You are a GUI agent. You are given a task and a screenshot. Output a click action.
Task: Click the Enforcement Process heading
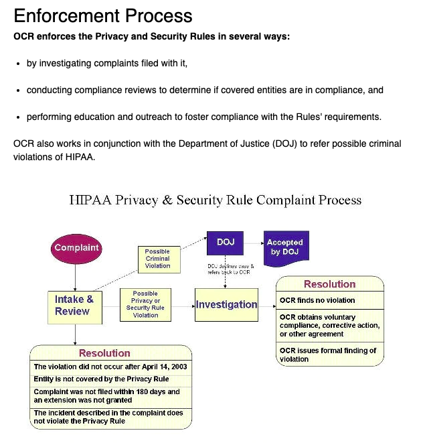[x=103, y=16]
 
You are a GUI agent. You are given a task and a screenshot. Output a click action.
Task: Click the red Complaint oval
[x=76, y=248]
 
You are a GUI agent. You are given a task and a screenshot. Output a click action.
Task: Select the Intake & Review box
[x=74, y=306]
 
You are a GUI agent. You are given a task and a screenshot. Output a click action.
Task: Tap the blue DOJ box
[x=226, y=243]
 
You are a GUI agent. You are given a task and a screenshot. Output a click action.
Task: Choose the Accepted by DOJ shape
[x=284, y=247]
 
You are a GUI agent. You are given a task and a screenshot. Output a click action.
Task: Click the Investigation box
[x=226, y=304]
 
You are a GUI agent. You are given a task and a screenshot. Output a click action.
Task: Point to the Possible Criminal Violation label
[x=157, y=259]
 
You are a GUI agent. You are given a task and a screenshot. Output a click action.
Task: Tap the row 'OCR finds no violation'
[x=331, y=300]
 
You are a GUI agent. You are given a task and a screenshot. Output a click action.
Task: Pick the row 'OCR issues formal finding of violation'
[x=331, y=355]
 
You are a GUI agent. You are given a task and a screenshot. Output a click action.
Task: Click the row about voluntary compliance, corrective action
[x=331, y=325]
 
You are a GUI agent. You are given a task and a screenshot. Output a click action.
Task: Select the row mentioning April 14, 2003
[x=111, y=367]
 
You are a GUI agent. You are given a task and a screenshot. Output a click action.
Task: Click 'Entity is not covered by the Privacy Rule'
[x=111, y=379]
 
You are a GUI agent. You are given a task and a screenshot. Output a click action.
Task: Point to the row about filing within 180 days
[x=111, y=395]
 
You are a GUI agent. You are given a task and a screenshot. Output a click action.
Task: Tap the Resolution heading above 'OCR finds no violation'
[x=330, y=284]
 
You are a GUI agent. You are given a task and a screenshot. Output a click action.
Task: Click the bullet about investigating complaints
[x=107, y=64]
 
